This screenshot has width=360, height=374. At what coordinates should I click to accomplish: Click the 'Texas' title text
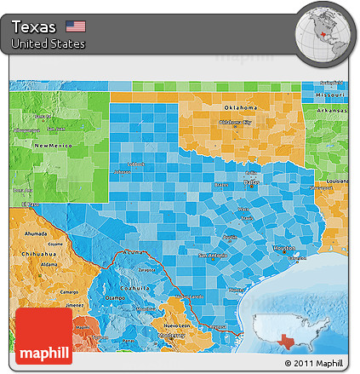(35, 26)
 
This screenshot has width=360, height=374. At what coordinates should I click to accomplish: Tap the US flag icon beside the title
(76, 26)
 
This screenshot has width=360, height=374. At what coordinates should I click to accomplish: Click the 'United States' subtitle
(49, 43)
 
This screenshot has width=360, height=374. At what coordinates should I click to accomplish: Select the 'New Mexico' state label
(50, 146)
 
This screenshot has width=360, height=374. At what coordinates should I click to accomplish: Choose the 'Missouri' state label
(329, 93)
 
